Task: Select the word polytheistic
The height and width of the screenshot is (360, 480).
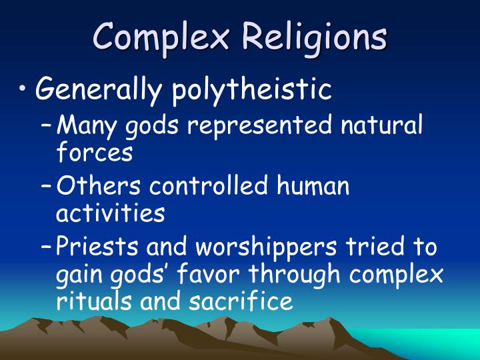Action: (252, 89)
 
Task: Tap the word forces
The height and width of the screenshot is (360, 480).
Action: (94, 153)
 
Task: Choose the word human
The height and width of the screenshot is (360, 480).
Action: (313, 186)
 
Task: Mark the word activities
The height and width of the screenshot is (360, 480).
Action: (109, 213)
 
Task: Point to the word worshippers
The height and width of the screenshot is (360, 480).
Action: (263, 248)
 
